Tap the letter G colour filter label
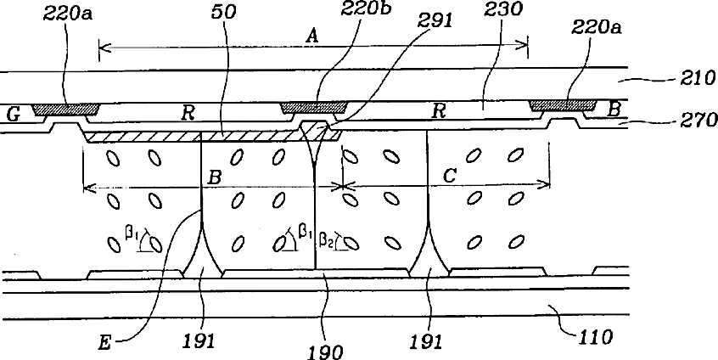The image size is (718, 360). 13,113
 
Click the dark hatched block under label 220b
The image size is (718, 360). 314,106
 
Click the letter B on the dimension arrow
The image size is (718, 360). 214,177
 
